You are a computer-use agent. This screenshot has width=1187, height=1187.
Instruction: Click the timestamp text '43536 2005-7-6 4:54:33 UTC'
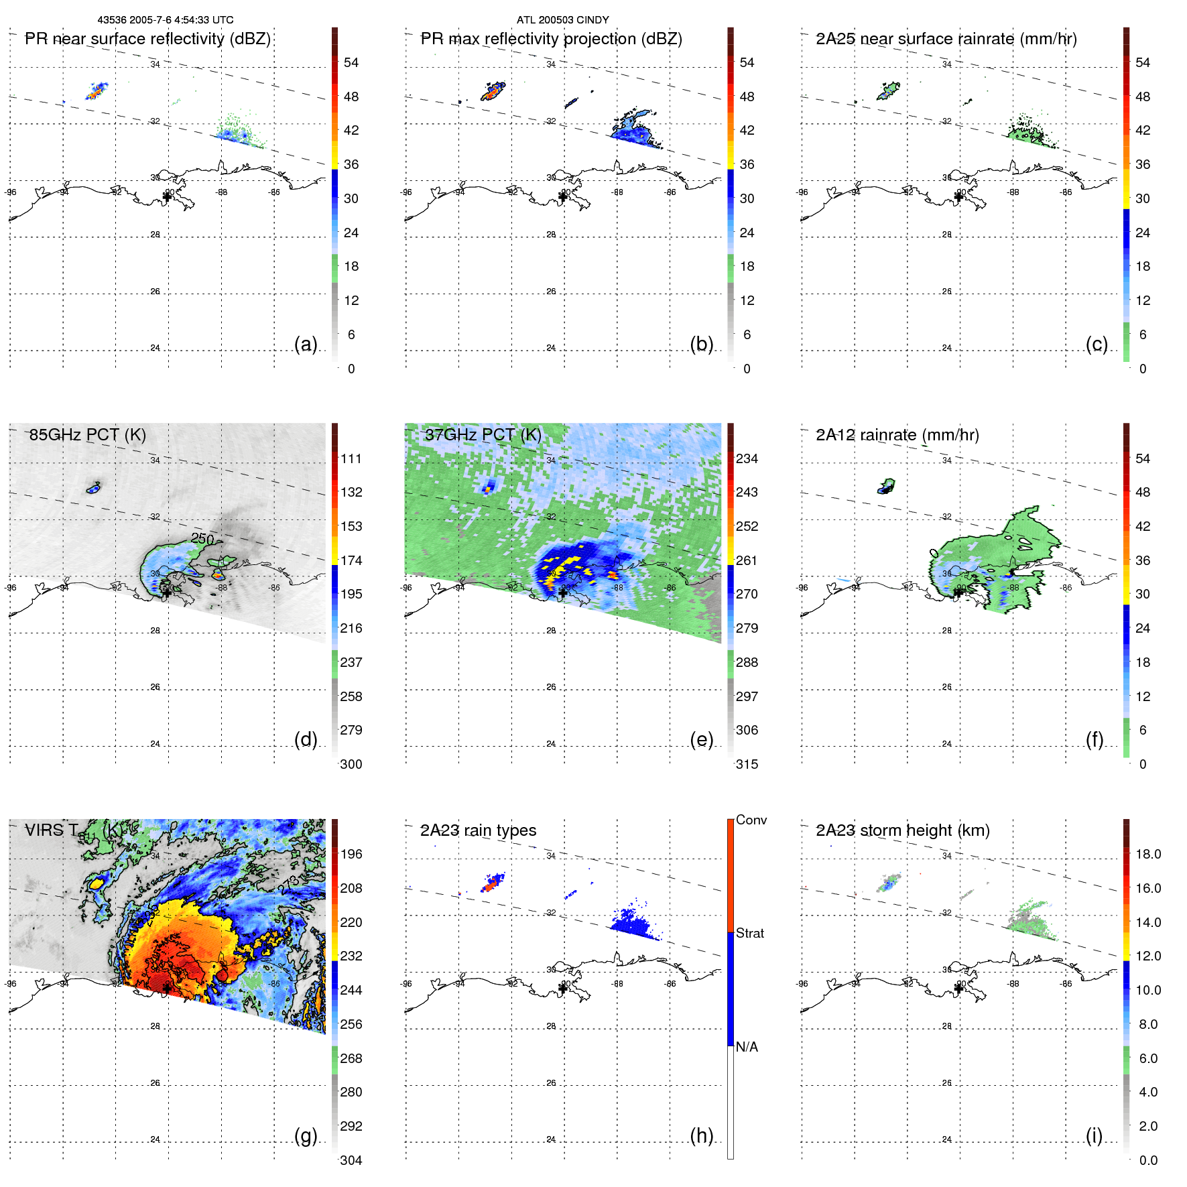click(166, 20)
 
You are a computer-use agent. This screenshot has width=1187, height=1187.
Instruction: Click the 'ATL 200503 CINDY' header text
click(562, 20)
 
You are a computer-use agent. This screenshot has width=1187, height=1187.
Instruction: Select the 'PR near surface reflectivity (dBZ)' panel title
click(147, 39)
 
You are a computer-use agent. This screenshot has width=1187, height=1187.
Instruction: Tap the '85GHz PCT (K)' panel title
click(87, 434)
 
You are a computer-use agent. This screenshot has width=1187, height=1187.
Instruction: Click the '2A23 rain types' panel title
click(478, 830)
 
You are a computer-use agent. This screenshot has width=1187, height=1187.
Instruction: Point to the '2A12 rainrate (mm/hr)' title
click(897, 434)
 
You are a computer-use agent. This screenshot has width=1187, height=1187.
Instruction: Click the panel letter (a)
click(306, 345)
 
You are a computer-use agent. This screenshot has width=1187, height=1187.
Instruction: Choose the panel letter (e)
click(701, 740)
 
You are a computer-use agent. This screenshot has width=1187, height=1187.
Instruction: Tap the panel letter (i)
click(1094, 1135)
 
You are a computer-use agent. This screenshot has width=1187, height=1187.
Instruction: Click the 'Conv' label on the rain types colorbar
click(751, 820)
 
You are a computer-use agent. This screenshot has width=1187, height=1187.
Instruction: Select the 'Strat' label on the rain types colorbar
click(750, 933)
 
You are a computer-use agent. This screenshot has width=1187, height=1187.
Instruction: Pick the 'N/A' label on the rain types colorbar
click(747, 1047)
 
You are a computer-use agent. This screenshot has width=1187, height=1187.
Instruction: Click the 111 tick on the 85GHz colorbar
click(351, 458)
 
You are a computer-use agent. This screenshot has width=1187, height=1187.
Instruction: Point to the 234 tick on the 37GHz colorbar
click(747, 458)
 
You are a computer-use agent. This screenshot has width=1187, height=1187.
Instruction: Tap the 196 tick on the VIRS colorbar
click(351, 854)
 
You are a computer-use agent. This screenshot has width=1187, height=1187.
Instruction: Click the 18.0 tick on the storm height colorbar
click(1148, 854)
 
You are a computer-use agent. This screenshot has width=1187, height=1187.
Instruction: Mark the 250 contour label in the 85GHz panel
click(202, 538)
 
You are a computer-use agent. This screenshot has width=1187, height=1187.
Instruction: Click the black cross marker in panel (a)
click(167, 196)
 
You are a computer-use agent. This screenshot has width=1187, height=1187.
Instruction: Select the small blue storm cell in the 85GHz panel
click(94, 489)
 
